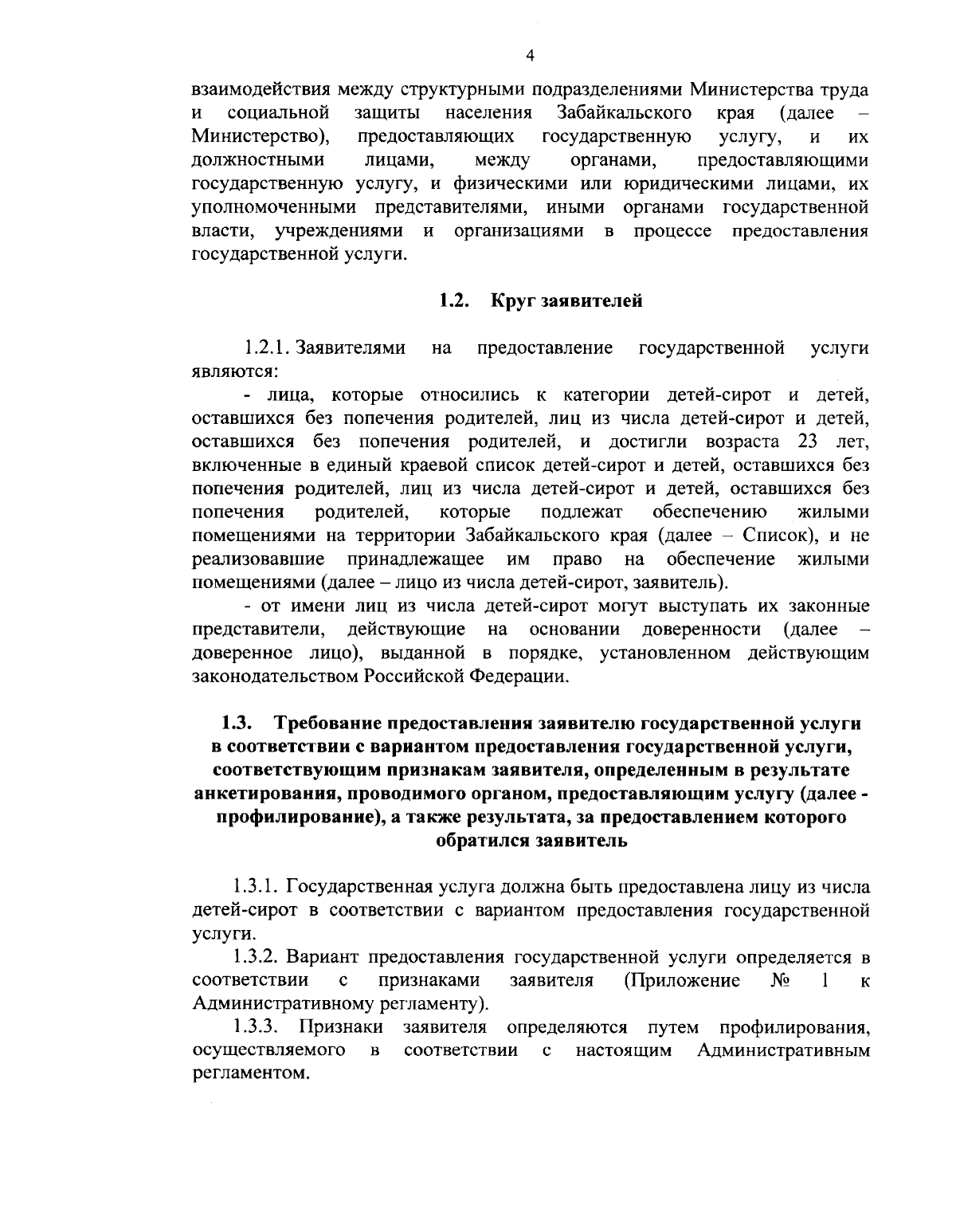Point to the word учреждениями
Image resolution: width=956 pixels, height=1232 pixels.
click(338, 232)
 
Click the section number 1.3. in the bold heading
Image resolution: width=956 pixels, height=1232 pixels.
click(237, 724)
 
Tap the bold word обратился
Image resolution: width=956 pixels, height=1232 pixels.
click(482, 841)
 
